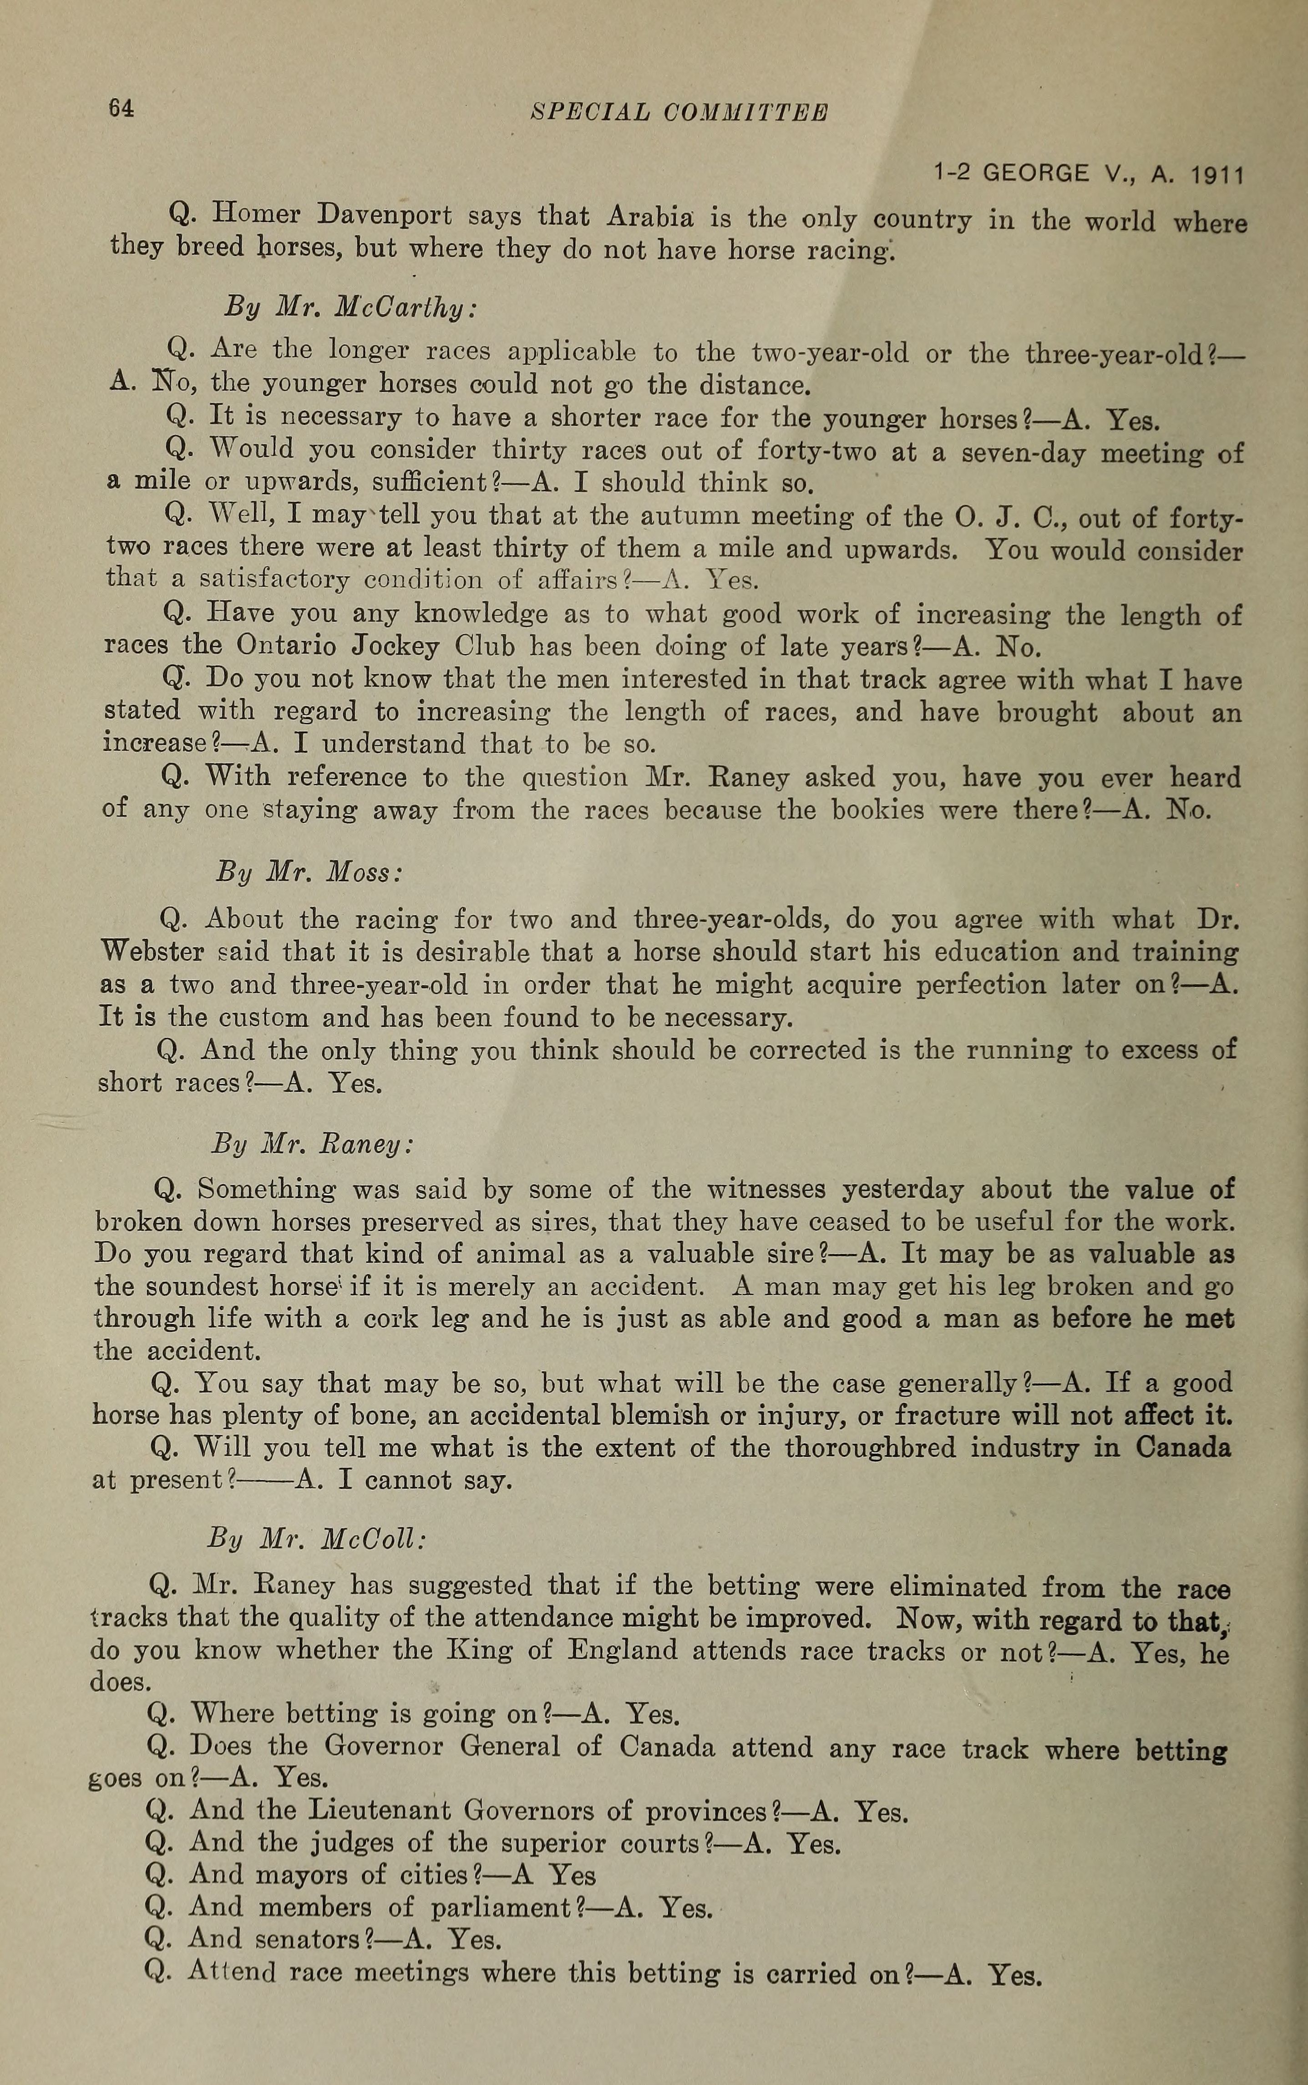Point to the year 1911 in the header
coord(1217,176)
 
